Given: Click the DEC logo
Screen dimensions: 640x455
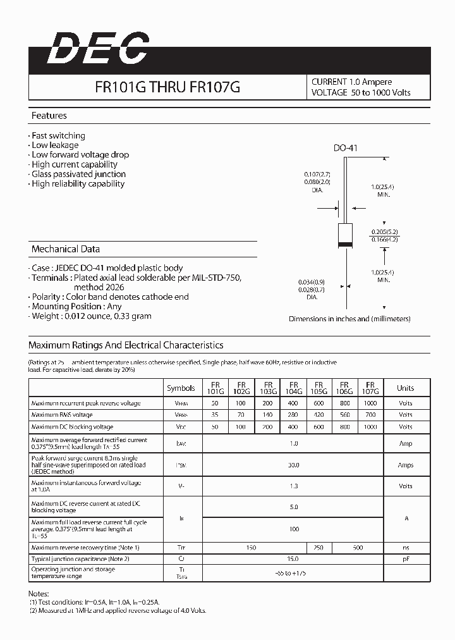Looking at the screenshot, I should [x=98, y=49].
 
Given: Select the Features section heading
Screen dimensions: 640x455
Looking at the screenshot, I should [x=49, y=116].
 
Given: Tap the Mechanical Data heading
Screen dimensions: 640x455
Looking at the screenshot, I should [x=65, y=249].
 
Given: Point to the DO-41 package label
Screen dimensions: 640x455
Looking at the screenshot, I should [x=346, y=148].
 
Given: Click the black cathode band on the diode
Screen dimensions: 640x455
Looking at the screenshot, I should [x=345, y=244].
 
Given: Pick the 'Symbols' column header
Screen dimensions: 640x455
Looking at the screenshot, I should [x=181, y=388].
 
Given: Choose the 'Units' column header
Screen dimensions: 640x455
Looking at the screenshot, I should [x=405, y=388].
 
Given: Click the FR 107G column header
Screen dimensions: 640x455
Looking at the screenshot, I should [x=370, y=388].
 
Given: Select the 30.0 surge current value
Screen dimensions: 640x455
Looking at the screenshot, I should [x=294, y=465].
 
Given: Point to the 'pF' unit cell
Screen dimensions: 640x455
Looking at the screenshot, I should [x=405, y=559].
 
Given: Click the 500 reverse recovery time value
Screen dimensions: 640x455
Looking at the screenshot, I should [x=358, y=547].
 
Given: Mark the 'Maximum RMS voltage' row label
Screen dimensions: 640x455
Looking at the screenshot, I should [x=62, y=415].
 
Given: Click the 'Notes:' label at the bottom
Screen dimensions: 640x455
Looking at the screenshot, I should [x=39, y=594].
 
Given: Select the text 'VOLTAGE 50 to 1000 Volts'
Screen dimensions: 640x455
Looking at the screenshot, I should [x=361, y=92].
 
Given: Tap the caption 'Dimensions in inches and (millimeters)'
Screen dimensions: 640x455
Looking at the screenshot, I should [x=349, y=319].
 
